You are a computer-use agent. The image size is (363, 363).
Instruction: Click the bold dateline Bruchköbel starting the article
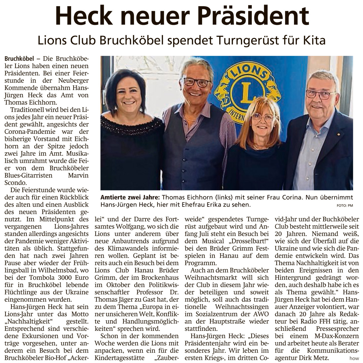[19, 59]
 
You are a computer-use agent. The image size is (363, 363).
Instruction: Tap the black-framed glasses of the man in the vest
[197, 82]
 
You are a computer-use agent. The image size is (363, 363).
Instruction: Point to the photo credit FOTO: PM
[345, 206]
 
